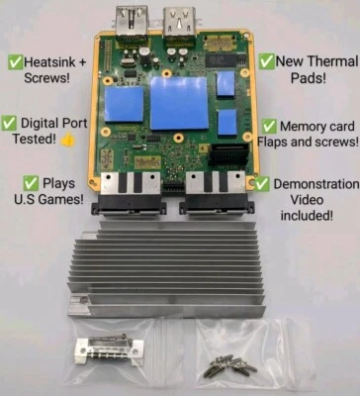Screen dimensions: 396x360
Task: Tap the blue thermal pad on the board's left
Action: click(125, 106)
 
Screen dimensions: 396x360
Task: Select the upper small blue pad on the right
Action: click(225, 84)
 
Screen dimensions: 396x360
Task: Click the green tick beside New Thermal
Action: click(268, 60)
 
